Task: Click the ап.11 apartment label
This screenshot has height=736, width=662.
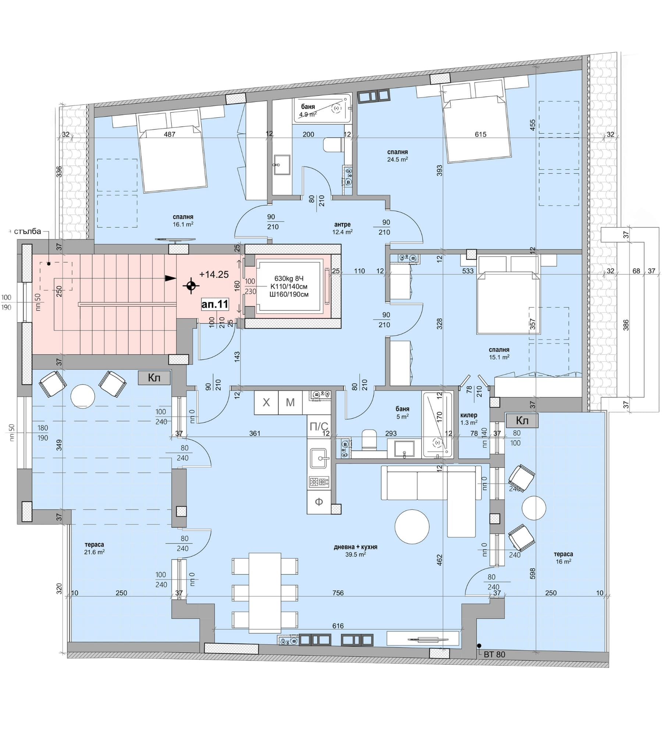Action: [x=215, y=304]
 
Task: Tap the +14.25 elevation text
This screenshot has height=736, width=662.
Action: [x=214, y=275]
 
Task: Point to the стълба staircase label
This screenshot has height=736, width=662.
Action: [x=27, y=232]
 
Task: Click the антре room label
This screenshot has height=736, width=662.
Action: [x=342, y=224]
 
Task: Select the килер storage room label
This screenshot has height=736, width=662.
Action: [x=469, y=415]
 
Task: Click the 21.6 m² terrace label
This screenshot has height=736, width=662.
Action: [x=95, y=552]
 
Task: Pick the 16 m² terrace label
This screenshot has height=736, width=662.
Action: [x=563, y=562]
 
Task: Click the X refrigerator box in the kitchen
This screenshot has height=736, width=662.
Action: [x=266, y=403]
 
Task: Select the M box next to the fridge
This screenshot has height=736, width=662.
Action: [x=290, y=403]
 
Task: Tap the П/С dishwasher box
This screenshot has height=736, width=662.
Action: [x=318, y=427]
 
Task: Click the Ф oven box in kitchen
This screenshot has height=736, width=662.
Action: [x=319, y=502]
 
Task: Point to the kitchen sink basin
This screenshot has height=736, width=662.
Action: [x=318, y=458]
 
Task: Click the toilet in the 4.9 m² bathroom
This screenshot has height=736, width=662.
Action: [x=334, y=145]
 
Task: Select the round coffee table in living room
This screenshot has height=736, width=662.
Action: [x=412, y=527]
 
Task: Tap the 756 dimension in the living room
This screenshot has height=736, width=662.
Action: [x=338, y=593]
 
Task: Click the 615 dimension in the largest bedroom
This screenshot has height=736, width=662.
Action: [x=480, y=134]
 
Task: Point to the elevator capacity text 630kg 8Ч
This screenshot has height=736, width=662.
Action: [x=289, y=279]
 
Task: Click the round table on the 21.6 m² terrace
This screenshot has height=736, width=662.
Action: [x=83, y=396]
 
